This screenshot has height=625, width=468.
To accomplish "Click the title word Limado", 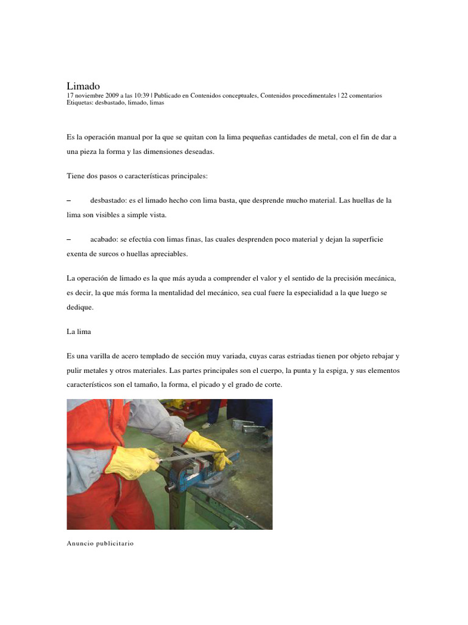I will [x=83, y=86].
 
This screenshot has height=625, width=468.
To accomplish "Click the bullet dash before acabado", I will [x=69, y=239].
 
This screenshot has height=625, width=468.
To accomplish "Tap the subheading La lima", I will [x=79, y=332].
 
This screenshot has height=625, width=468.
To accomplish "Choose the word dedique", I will [x=79, y=308].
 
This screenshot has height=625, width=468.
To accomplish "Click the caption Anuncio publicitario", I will [x=100, y=543].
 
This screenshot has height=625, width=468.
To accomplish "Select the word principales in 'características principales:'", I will [x=186, y=176].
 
